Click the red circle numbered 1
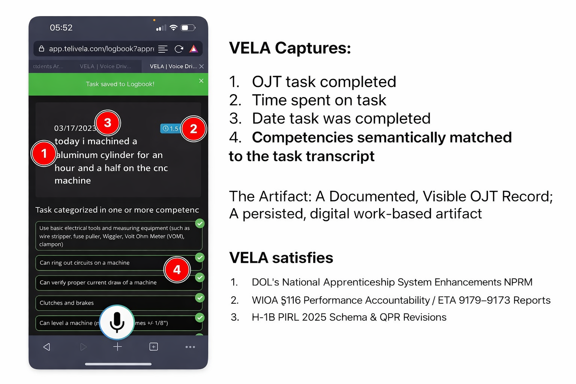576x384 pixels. click(x=44, y=153)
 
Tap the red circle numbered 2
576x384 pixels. click(x=193, y=129)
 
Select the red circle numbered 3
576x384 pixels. click(x=108, y=123)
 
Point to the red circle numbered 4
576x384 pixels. click(x=177, y=270)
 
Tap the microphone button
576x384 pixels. click(x=117, y=322)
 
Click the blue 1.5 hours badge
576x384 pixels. click(x=170, y=129)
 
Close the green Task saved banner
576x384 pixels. click(x=201, y=81)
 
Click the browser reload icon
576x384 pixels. click(x=179, y=49)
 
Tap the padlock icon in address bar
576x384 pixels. click(x=42, y=49)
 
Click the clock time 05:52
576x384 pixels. click(x=61, y=28)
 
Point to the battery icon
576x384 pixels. click(x=188, y=28)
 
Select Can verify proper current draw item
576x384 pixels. click(x=98, y=283)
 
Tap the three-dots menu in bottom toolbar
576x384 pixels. click(x=190, y=347)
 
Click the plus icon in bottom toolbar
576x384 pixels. click(x=117, y=347)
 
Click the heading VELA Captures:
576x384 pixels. click(x=290, y=48)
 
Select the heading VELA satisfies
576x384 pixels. click(x=281, y=258)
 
